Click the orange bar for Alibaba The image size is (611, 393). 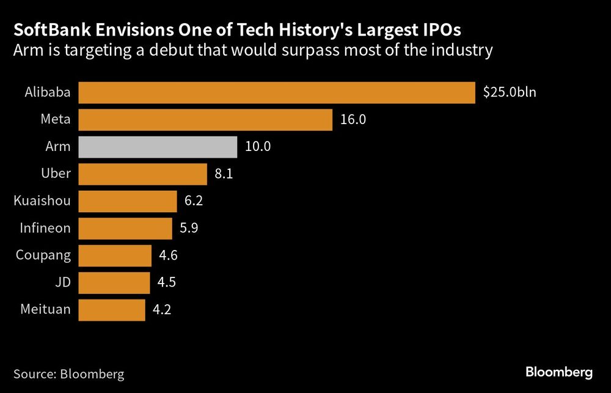pyautogui.click(x=277, y=92)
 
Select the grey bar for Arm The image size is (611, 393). pyautogui.click(x=158, y=147)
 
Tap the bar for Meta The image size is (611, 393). pyautogui.click(x=205, y=120)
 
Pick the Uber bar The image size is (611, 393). pyautogui.click(x=143, y=174)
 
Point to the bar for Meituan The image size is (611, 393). pyautogui.click(x=112, y=310)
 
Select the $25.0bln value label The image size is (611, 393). pyautogui.click(x=509, y=93)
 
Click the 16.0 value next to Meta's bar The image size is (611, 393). pyautogui.click(x=353, y=120)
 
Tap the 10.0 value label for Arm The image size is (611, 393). pyautogui.click(x=257, y=147)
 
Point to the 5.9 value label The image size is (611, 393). pyautogui.click(x=189, y=229)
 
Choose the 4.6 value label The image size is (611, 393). pyautogui.click(x=168, y=255)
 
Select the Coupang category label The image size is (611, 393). pyautogui.click(x=44, y=255)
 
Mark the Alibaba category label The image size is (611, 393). pyautogui.click(x=48, y=93)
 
